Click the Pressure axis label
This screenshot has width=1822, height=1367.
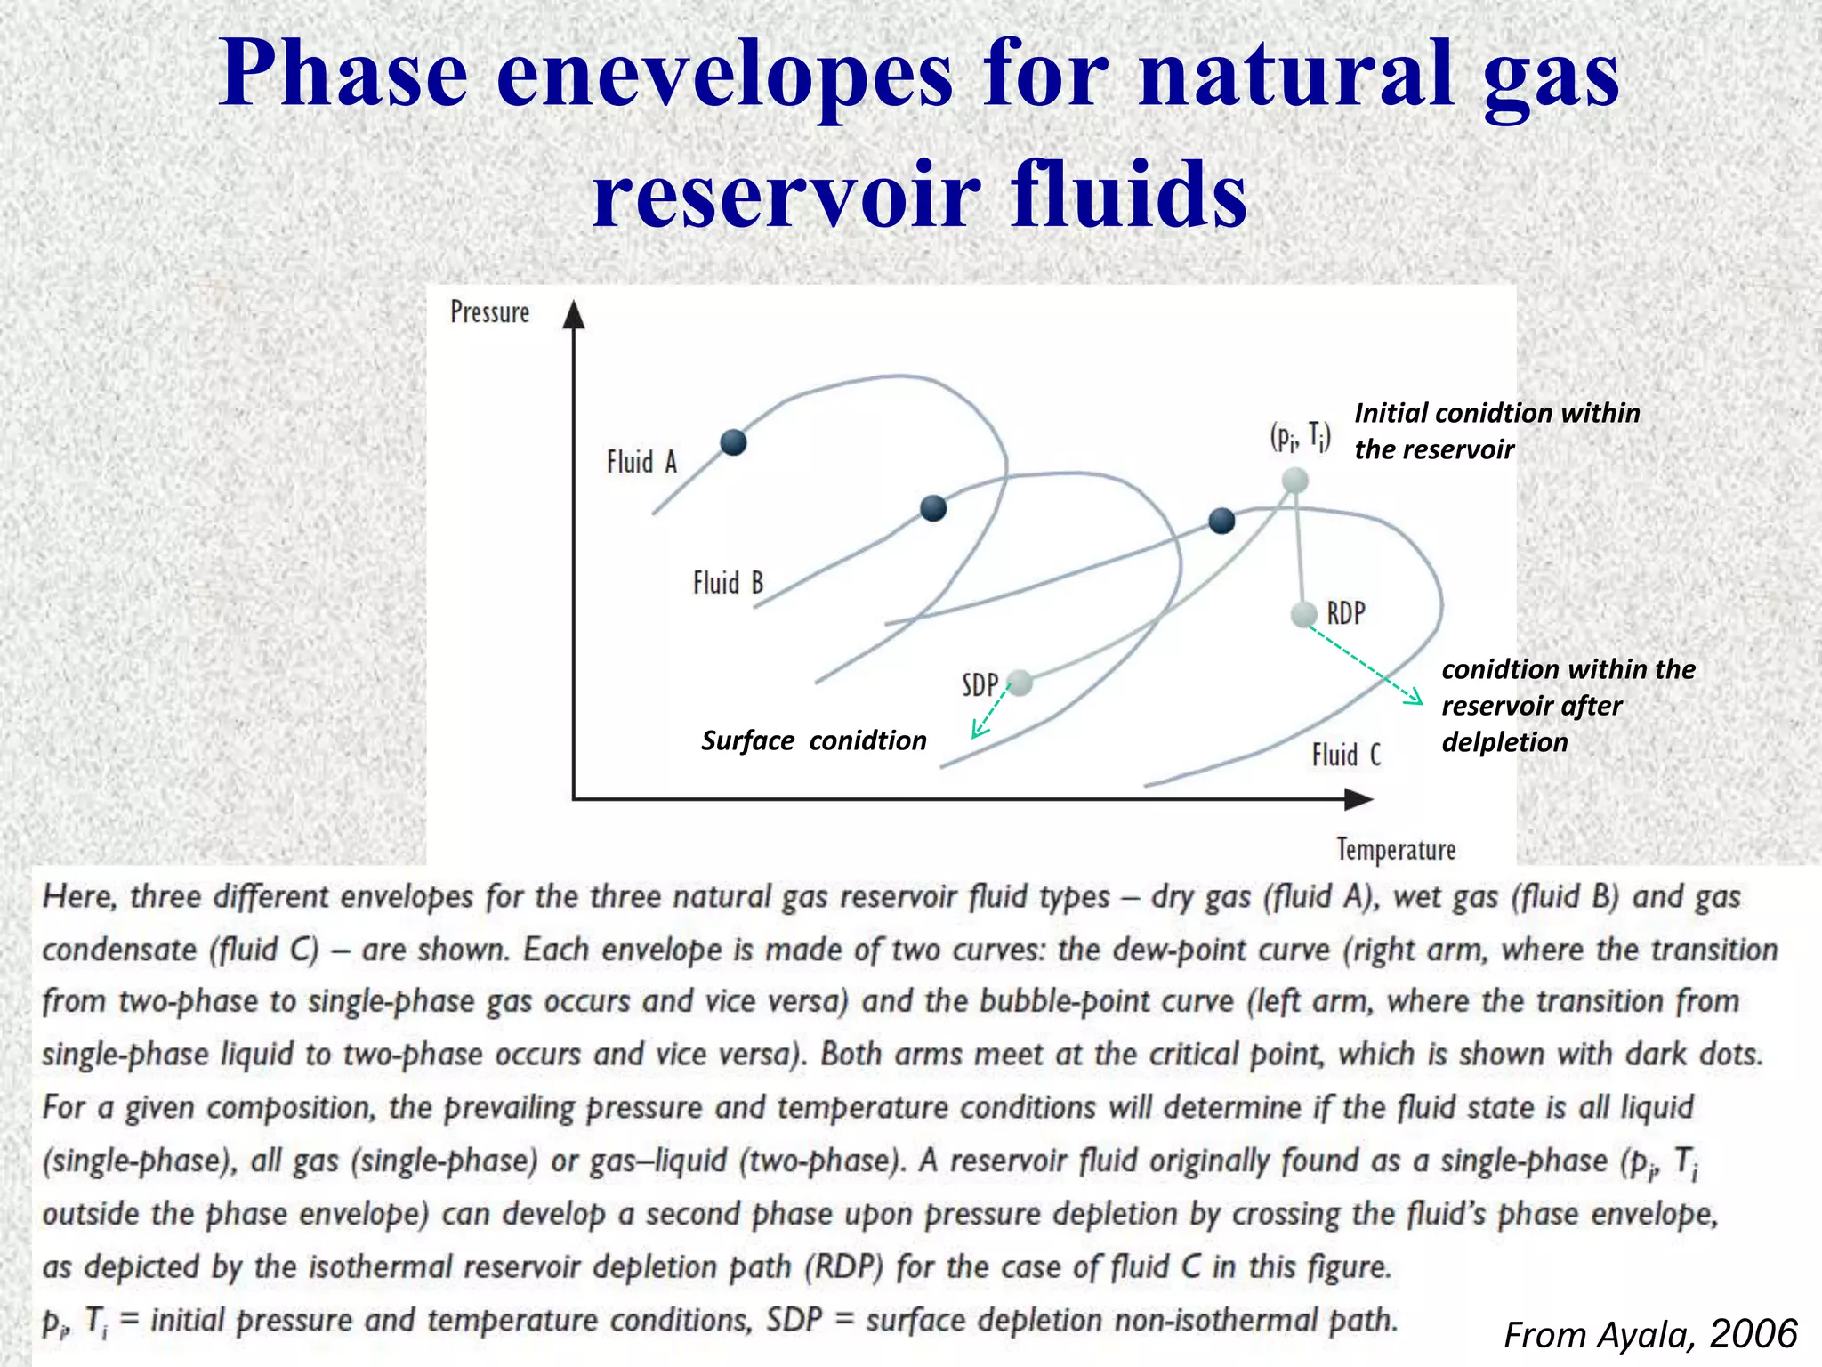pyautogui.click(x=489, y=312)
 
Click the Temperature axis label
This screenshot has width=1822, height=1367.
pyautogui.click(x=1396, y=849)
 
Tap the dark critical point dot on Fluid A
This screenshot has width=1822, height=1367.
pyautogui.click(x=733, y=441)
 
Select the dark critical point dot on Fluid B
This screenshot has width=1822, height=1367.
pyautogui.click(x=932, y=508)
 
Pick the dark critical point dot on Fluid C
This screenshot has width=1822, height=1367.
pyautogui.click(x=1221, y=521)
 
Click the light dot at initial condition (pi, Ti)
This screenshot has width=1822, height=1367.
pyautogui.click(x=1294, y=481)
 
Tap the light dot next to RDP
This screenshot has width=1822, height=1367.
pyautogui.click(x=1303, y=614)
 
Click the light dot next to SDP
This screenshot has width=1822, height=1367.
pyautogui.click(x=1020, y=683)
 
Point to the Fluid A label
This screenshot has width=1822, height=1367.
pyautogui.click(x=641, y=462)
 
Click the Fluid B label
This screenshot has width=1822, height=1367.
pyautogui.click(x=728, y=583)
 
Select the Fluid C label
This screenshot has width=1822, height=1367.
pyautogui.click(x=1346, y=756)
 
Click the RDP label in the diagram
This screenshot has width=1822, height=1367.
pyautogui.click(x=1346, y=613)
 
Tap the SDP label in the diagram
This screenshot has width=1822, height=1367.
pyautogui.click(x=980, y=685)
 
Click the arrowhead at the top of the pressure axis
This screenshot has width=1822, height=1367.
pyautogui.click(x=575, y=314)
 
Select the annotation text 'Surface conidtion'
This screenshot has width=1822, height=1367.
pyautogui.click(x=813, y=740)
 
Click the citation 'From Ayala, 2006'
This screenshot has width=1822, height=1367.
pyautogui.click(x=1650, y=1334)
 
